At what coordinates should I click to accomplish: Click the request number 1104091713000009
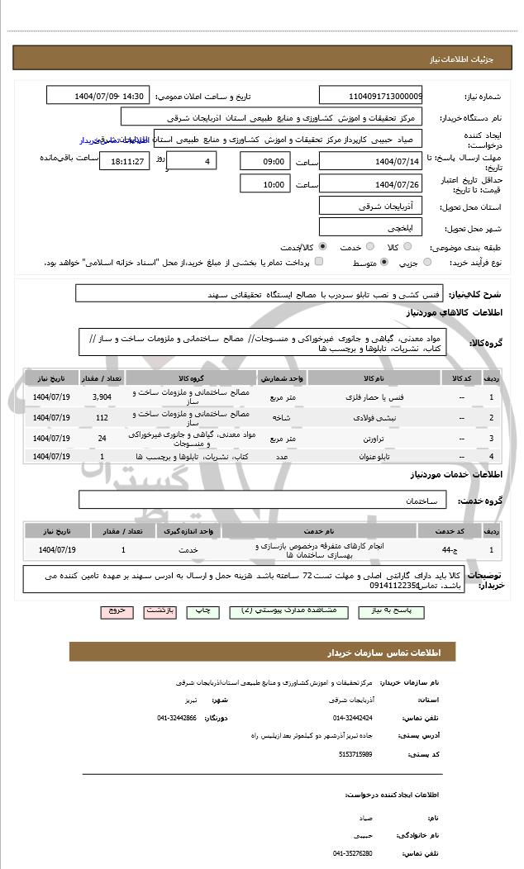coord(370,96)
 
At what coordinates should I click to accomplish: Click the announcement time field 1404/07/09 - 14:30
coord(98,96)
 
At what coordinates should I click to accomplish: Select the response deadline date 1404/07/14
coord(370,160)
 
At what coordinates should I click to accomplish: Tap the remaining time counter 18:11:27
coord(124,160)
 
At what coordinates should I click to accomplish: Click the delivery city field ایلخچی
coord(370,226)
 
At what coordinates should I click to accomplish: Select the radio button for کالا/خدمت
coord(322,246)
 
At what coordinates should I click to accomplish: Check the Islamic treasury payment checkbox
coord(319,262)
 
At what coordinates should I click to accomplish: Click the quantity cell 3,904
coord(102,397)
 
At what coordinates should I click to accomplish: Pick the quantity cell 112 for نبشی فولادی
coord(102,417)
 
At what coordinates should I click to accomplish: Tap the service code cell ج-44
coord(446,548)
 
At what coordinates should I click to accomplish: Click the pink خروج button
coord(115,611)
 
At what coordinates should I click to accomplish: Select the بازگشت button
coord(160,611)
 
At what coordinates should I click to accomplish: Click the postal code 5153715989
coord(355,754)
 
